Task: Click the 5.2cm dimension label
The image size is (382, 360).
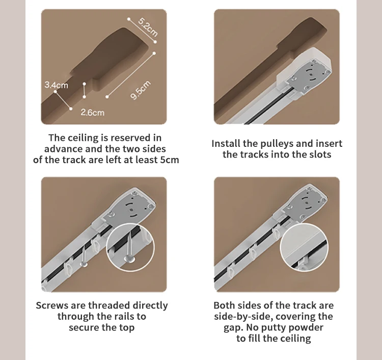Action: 147,25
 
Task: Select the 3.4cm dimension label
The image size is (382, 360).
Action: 56,85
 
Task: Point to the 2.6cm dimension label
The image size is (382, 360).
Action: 92,112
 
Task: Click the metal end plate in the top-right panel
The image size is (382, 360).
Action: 304,73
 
